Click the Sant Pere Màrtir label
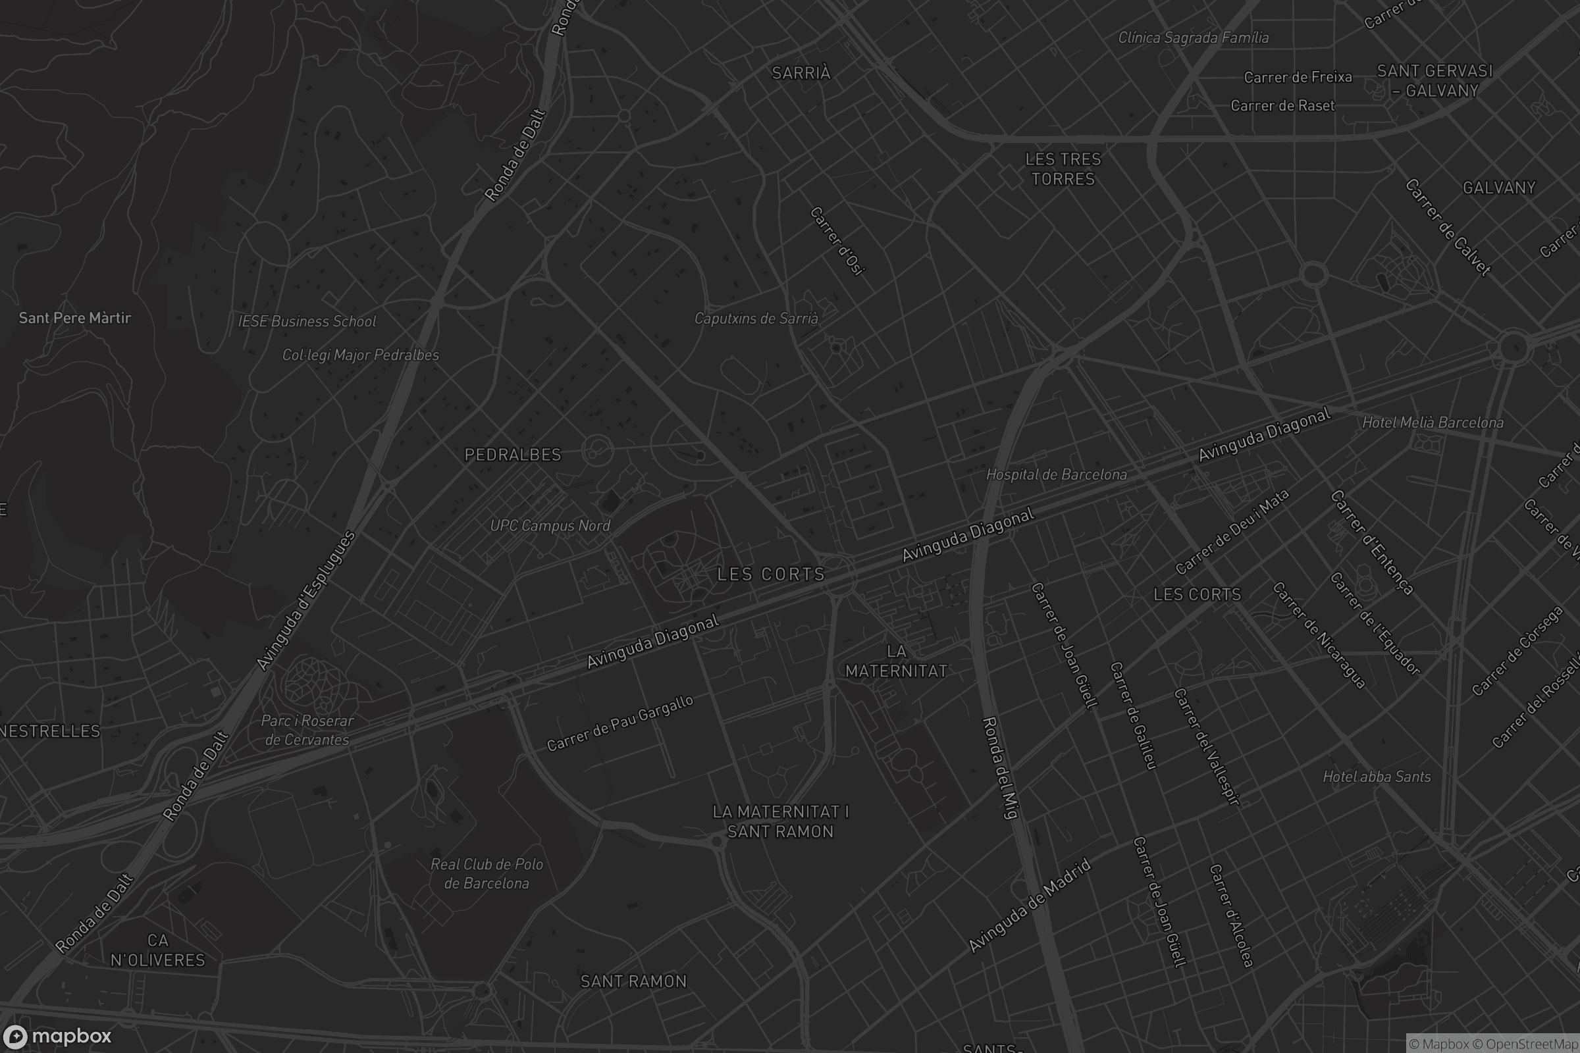point(74,318)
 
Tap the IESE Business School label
point(307,321)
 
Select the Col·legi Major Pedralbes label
point(360,355)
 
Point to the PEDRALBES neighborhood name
point(513,455)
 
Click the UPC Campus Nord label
point(550,525)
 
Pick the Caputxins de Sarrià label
point(756,319)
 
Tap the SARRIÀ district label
point(801,73)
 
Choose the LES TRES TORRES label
point(1063,169)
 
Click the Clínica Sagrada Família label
point(1193,38)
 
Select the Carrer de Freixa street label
point(1297,77)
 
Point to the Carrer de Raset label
point(1282,105)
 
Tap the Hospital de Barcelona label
point(1056,474)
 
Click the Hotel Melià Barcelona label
point(1433,423)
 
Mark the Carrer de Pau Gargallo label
point(619,723)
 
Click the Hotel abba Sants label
point(1377,777)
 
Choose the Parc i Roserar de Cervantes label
point(307,730)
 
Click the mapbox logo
point(57,1036)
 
